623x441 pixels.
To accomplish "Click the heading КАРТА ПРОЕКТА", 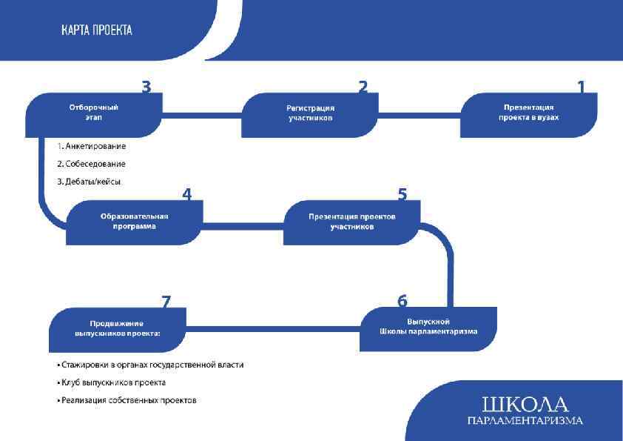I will pyautogui.click(x=97, y=30).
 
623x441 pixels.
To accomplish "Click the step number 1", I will pyautogui.click(x=581, y=87).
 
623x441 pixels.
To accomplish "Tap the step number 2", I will pyautogui.click(x=363, y=87).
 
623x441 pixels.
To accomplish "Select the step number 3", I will pyautogui.click(x=147, y=87).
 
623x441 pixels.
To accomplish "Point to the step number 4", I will pyautogui.click(x=186, y=195).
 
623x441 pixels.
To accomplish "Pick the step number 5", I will pyautogui.click(x=402, y=195).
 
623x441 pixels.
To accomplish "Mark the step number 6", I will pyautogui.click(x=402, y=301).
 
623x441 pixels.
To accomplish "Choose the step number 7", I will pyautogui.click(x=166, y=302).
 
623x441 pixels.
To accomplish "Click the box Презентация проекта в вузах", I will pyautogui.click(x=528, y=114).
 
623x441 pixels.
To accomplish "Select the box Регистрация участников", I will pyautogui.click(x=310, y=114).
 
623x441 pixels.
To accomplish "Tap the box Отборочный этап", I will pyautogui.click(x=94, y=113).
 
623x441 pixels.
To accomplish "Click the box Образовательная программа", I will pyautogui.click(x=134, y=222).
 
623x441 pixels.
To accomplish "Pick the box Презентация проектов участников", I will pyautogui.click(x=351, y=222).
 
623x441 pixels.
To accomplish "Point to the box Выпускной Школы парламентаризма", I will pyautogui.click(x=428, y=328).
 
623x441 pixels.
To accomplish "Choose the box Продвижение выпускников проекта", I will pyautogui.click(x=117, y=329).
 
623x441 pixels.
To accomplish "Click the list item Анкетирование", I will pyautogui.click(x=92, y=146).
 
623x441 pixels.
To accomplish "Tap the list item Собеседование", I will pyautogui.click(x=92, y=164).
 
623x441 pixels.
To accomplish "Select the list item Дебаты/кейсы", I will pyautogui.click(x=89, y=182).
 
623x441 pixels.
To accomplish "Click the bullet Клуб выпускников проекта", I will pyautogui.click(x=112, y=382).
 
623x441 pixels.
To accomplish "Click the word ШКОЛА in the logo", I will pyautogui.click(x=525, y=405).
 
